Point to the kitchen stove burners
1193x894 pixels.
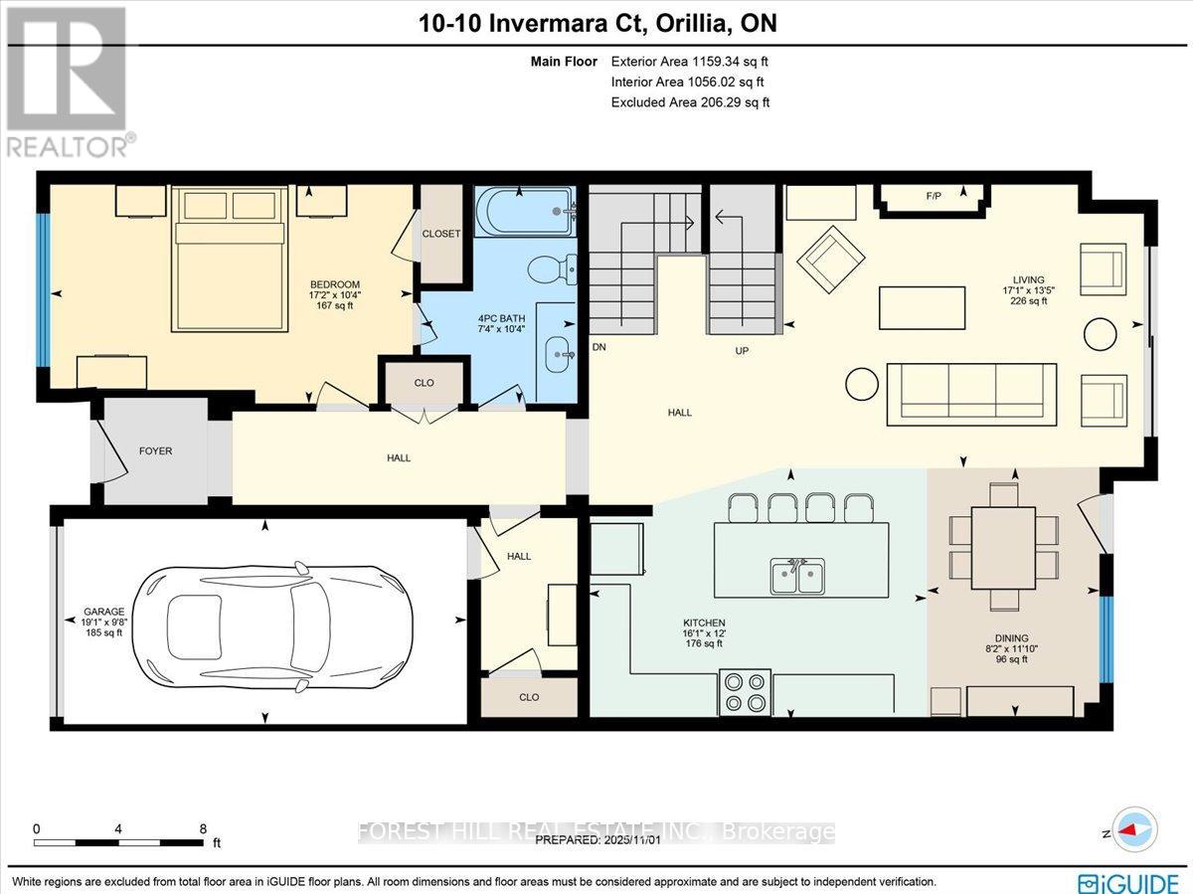[745, 692]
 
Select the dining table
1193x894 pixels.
[1004, 547]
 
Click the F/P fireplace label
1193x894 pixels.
[934, 197]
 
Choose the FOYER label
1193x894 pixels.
[155, 450]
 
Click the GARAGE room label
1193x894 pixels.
[104, 612]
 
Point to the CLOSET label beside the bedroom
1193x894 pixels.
[441, 234]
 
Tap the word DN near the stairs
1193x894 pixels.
[598, 348]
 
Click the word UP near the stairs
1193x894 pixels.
[741, 351]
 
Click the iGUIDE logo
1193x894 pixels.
[1128, 881]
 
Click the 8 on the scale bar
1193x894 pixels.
[203, 828]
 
